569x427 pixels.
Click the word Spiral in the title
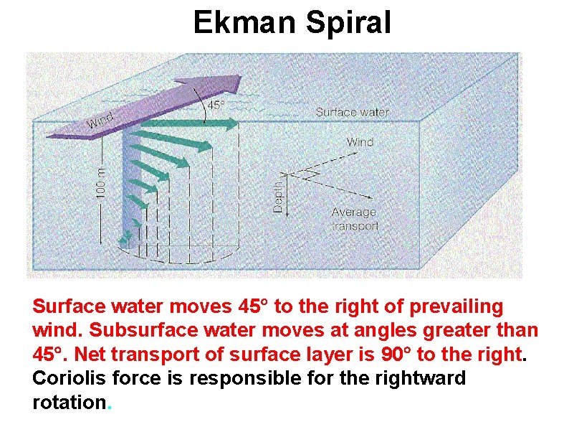[348, 23]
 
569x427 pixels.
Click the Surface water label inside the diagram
[352, 112]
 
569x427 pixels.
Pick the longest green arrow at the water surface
[186, 125]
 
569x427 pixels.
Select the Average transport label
[355, 219]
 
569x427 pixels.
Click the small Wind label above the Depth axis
[360, 142]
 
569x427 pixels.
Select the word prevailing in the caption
[456, 307]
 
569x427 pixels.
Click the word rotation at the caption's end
[69, 402]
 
